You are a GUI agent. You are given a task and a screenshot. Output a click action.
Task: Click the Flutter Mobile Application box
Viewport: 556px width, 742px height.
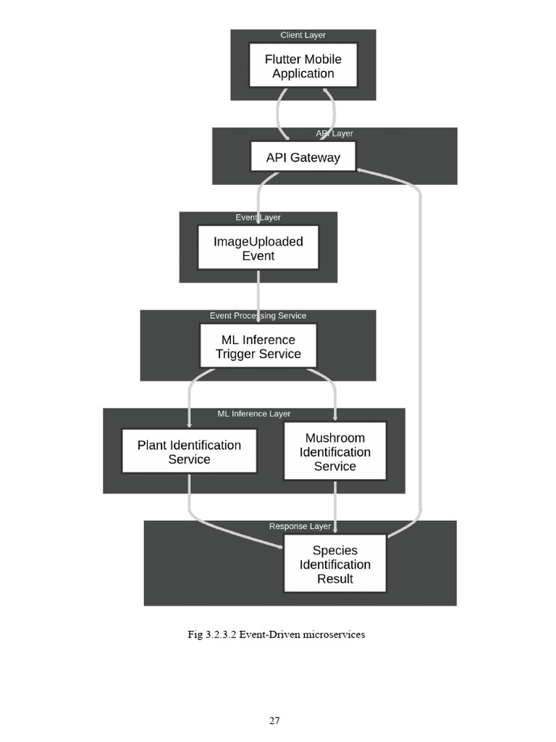[303, 65]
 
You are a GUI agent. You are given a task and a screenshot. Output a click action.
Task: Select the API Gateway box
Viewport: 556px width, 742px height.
[303, 157]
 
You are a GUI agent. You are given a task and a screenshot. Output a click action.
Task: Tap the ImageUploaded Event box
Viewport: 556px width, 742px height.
[258, 248]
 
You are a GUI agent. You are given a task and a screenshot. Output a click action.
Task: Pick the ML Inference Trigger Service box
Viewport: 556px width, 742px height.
[258, 346]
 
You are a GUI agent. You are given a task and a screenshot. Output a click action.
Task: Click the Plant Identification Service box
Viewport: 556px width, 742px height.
[189, 451]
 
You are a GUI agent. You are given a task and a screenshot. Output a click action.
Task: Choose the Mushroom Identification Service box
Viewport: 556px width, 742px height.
[335, 451]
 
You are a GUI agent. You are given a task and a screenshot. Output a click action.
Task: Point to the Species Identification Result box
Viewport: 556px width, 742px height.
[335, 564]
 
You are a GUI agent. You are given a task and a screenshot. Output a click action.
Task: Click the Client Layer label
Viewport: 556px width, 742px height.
[303, 35]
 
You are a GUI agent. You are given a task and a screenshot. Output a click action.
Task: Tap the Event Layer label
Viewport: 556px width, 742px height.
[258, 217]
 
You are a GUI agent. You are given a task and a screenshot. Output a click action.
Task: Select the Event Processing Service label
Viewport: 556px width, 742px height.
[258, 316]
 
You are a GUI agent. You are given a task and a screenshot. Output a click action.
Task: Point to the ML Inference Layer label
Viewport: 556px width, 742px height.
[254, 414]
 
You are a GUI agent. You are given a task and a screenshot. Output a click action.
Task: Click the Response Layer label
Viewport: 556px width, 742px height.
[300, 526]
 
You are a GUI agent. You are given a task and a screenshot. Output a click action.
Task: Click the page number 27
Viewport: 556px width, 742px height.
[274, 721]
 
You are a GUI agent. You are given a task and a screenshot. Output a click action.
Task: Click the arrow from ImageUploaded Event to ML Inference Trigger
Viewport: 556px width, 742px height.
[258, 296]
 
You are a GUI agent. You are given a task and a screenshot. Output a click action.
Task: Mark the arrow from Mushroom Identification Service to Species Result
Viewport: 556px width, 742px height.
[335, 507]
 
